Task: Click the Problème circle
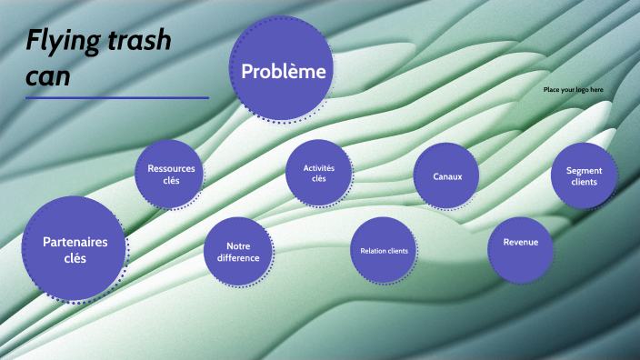pos(282,71)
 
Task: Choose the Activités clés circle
pos(318,173)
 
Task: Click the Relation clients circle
pos(384,250)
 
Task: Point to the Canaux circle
pos(447,175)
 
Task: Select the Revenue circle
pos(520,243)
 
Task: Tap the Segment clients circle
pos(584,175)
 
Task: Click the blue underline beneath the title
pos(117,97)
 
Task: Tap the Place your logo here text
pos(573,89)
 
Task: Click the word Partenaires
pos(75,241)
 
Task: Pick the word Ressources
pos(171,168)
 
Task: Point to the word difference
pos(238,258)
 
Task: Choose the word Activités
pos(318,167)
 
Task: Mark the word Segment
pos(584,170)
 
